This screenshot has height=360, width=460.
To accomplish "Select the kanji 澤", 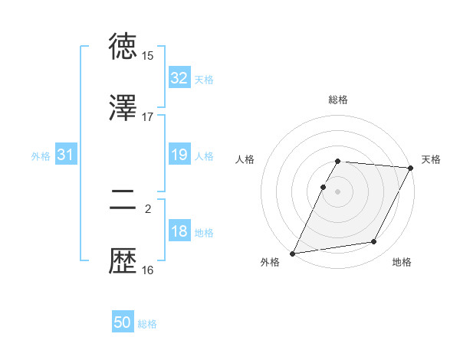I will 123,109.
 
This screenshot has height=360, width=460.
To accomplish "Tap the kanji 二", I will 123,201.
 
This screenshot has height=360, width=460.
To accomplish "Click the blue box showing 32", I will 179,78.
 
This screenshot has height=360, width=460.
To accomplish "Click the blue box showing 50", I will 123,323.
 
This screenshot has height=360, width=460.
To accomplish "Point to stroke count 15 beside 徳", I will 148,56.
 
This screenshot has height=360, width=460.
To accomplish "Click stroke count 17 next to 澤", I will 148,117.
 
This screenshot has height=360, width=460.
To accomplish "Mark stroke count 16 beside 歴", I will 148,270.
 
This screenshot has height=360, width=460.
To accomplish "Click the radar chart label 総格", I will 338,100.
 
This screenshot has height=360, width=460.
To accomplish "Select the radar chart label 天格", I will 431,159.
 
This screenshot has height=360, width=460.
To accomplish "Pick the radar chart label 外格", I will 270,262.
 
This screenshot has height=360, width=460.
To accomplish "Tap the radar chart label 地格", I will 402,262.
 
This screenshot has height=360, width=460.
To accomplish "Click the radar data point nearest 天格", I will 410,168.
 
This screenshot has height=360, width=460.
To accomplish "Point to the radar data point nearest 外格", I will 293,254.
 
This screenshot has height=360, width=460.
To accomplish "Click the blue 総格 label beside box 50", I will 147,324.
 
